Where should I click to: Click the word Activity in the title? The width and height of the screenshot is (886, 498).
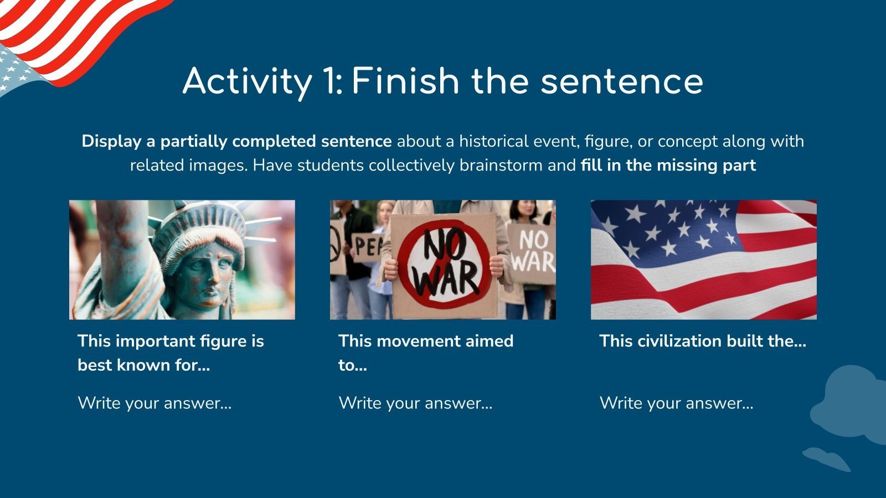coord(247,81)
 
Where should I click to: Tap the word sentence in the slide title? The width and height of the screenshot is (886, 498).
coord(621,81)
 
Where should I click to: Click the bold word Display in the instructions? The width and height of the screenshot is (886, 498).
coord(111,142)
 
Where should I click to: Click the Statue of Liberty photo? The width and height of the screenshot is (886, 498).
coord(182,260)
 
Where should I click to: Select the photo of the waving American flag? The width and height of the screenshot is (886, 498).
coord(703,260)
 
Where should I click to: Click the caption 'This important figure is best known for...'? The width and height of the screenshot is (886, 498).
coord(171,352)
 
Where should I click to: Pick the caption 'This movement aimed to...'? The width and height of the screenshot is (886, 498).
coord(425,352)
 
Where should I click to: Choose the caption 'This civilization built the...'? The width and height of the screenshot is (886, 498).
coord(702,341)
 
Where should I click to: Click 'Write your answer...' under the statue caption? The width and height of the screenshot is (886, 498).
coord(154,403)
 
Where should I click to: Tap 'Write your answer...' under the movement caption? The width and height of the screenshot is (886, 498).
coord(415,403)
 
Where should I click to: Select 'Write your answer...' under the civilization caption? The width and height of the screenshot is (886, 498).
coord(676,403)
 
